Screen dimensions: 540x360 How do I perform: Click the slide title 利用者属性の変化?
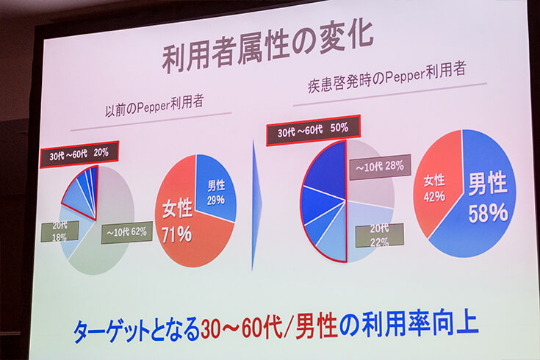[x=267, y=45]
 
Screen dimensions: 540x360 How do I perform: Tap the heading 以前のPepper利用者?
[x=154, y=106]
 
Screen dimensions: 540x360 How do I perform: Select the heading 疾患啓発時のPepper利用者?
[x=386, y=77]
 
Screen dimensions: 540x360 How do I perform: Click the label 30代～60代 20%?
[x=79, y=154]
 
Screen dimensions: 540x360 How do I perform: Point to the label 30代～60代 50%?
[x=313, y=130]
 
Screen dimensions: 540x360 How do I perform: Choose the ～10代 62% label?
[x=126, y=233]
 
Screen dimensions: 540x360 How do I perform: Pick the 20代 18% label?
[x=60, y=231]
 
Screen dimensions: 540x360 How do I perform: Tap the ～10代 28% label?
[x=380, y=167]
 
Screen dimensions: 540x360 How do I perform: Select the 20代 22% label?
[x=380, y=235]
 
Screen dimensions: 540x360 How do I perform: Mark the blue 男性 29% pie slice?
[x=215, y=188]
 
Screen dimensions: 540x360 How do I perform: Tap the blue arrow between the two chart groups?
[x=256, y=205]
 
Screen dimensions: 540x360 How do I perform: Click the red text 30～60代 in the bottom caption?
[x=242, y=326]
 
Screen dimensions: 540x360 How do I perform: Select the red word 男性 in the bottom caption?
[x=316, y=325]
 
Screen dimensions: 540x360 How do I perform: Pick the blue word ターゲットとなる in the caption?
[x=137, y=330]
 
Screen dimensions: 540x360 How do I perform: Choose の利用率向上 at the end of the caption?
[x=408, y=323]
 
